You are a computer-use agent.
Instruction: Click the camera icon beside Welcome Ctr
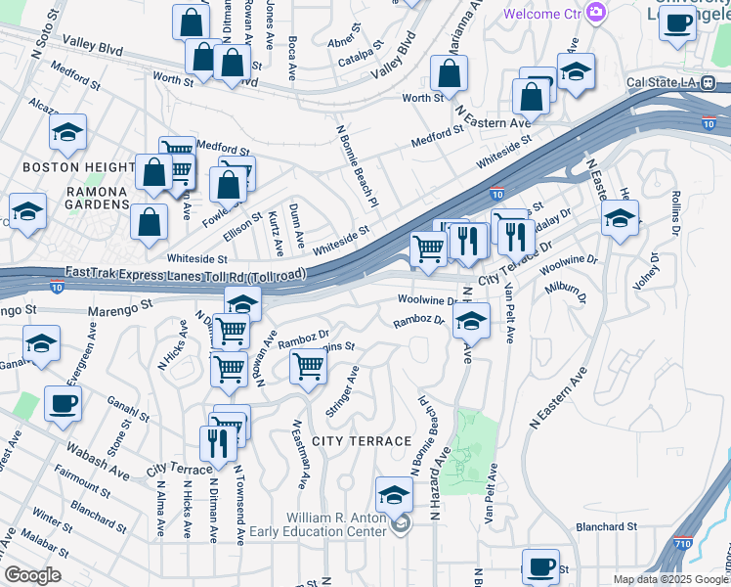point(596,14)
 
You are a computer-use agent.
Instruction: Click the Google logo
point(32,574)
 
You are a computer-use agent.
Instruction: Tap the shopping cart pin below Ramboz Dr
point(308,368)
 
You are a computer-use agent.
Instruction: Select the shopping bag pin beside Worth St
point(449,73)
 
